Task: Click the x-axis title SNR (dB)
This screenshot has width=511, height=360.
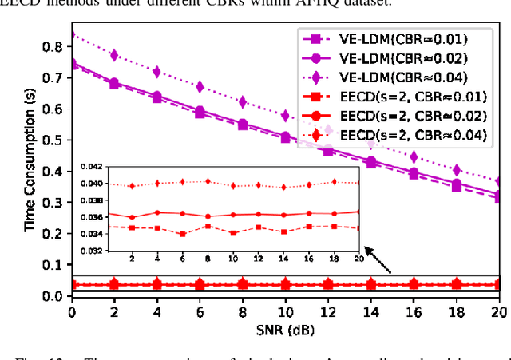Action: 284,327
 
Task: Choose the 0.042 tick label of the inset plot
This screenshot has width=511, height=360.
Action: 95,166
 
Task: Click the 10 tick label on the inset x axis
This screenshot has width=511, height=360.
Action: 232,259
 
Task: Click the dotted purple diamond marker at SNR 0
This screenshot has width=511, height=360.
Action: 72,35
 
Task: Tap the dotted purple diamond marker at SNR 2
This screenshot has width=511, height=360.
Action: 115,55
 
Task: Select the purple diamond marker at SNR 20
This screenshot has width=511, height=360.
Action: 498,181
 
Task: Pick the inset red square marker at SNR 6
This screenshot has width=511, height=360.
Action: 183,234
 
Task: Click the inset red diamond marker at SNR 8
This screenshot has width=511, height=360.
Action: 208,181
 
